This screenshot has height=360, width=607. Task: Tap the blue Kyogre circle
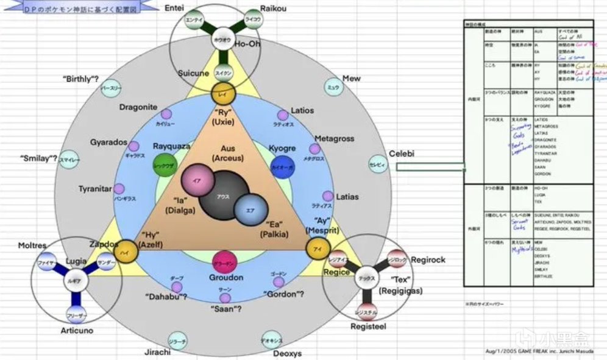tap(283, 166)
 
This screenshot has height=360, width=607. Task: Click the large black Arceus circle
tap(222, 196)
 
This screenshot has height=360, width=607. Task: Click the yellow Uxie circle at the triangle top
tap(222, 95)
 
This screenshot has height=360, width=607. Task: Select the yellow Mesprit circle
tap(318, 249)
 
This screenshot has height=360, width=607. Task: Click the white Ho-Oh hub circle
tap(222, 40)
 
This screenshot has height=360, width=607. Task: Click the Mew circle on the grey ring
tap(333, 87)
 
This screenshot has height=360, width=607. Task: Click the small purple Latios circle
tap(283, 115)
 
